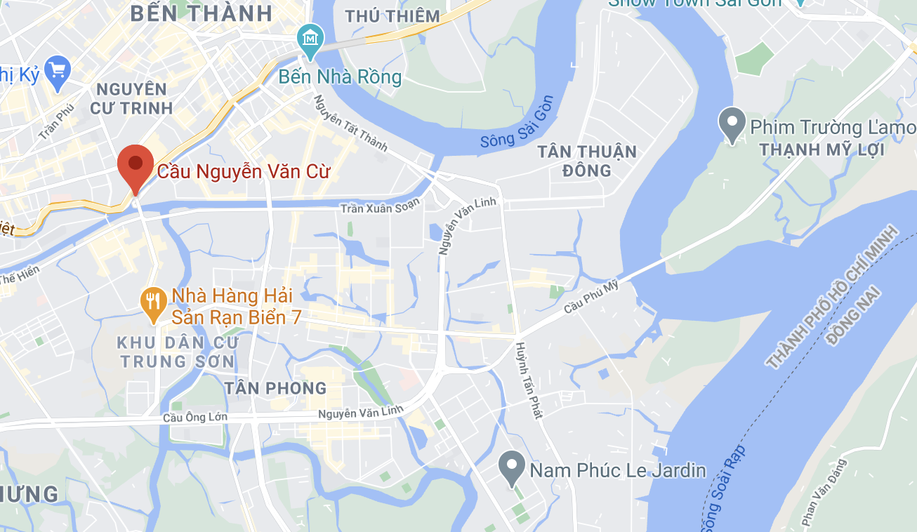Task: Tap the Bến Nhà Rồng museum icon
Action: [x=309, y=38]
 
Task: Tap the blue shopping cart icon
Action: [x=58, y=71]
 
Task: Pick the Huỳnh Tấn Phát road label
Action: [x=529, y=380]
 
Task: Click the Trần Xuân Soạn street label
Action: [x=379, y=206]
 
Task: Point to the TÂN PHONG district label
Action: [x=275, y=388]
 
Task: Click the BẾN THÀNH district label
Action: [x=201, y=13]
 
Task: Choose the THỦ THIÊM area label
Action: [x=392, y=15]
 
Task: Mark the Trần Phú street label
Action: [x=57, y=121]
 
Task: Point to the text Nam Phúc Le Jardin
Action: [x=618, y=470]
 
